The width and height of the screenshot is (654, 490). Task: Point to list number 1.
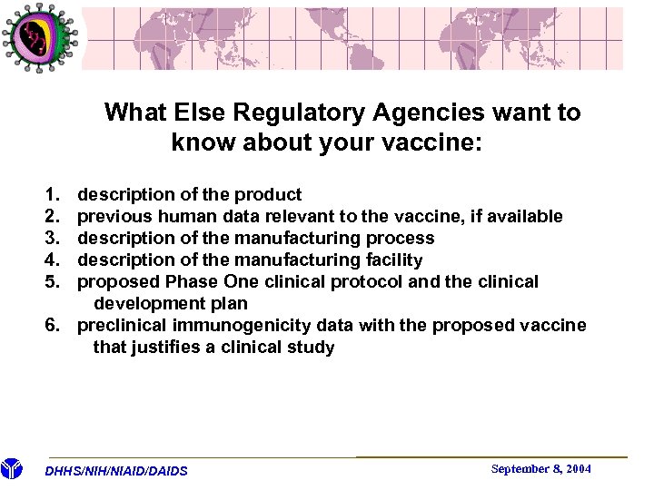click(x=51, y=194)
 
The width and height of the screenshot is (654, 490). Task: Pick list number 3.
click(x=51, y=238)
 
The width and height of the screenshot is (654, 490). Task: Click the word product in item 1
click(x=268, y=194)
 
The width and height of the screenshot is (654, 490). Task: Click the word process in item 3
click(x=400, y=238)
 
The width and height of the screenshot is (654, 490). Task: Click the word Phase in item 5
click(x=187, y=281)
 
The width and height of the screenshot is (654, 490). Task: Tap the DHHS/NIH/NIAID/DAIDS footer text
click(x=116, y=471)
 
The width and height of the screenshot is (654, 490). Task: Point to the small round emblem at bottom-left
click(x=11, y=469)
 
